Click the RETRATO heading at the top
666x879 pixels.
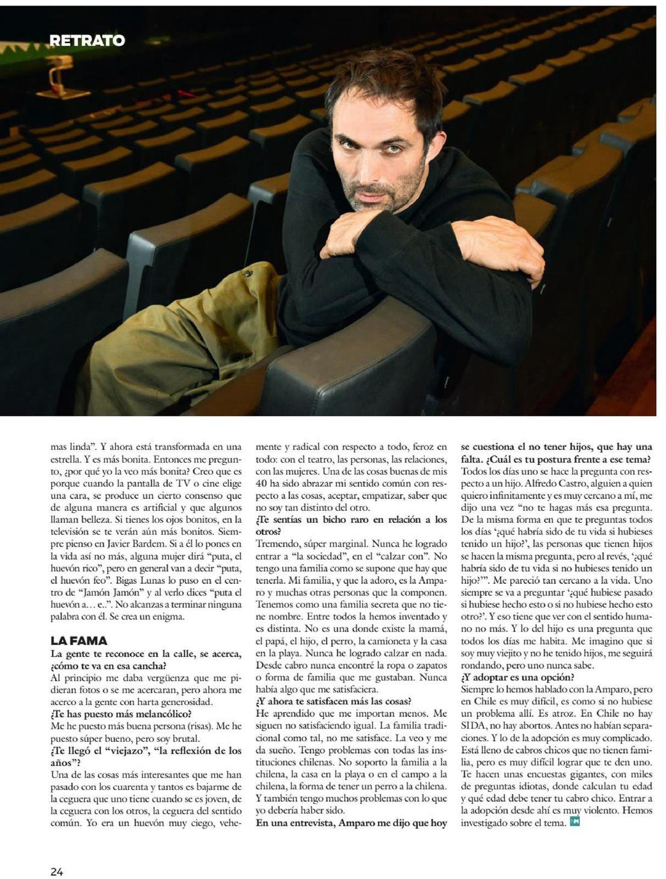tap(87, 40)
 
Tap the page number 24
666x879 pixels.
tap(57, 856)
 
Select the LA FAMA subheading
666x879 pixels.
tap(79, 640)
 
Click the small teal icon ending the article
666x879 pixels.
tap(575, 821)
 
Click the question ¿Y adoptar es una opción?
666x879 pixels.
tap(517, 677)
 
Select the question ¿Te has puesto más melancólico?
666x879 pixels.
tap(121, 713)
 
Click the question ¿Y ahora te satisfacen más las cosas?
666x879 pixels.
tap(333, 701)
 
